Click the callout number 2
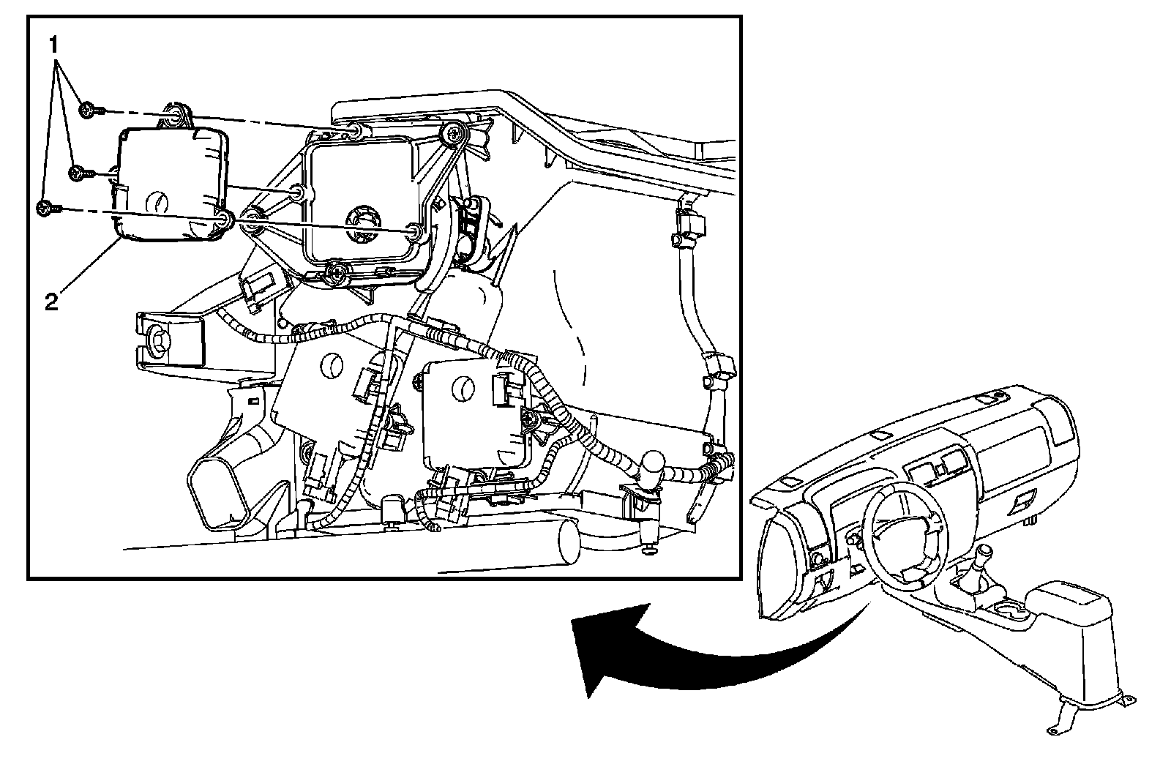coord(50,301)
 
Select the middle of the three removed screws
coord(77,173)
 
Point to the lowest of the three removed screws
coord(45,209)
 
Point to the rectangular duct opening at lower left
coord(215,502)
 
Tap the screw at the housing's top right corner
coord(455,134)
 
